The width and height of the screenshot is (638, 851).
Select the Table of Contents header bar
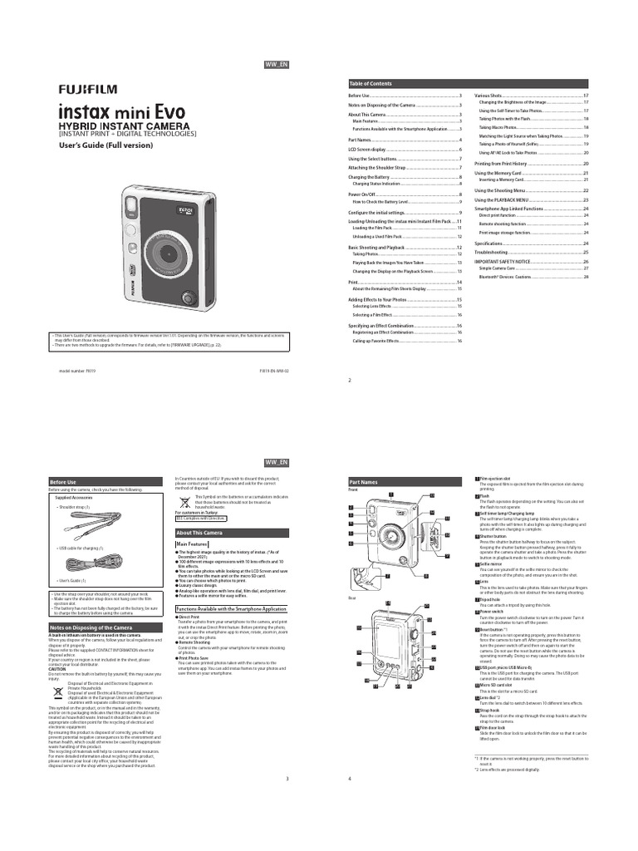pyautogui.click(x=469, y=84)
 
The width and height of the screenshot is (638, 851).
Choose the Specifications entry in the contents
pyautogui.click(x=491, y=243)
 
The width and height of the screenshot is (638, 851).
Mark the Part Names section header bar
pyautogui.click(x=404, y=482)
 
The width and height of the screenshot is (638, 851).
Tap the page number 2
pyautogui.click(x=350, y=379)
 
